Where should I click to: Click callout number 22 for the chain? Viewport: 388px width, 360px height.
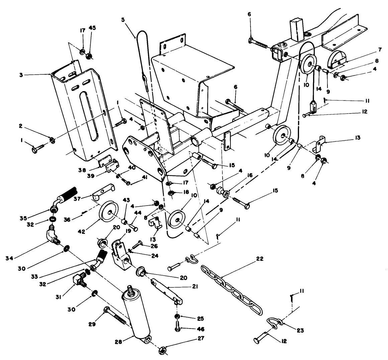[x=260, y=259]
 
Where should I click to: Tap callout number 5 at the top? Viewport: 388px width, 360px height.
[x=123, y=19]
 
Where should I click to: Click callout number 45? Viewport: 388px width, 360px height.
[x=92, y=27]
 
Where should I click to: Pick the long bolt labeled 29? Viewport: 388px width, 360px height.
[x=115, y=316]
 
